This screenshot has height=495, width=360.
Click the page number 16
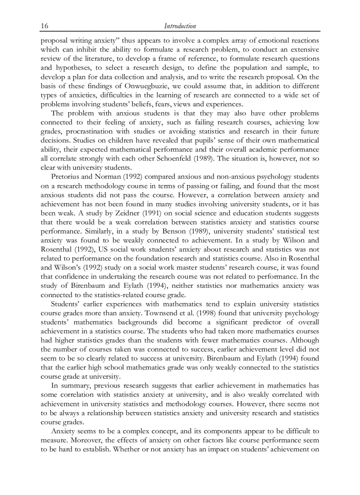[45, 26]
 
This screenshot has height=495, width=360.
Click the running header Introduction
[180, 26]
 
